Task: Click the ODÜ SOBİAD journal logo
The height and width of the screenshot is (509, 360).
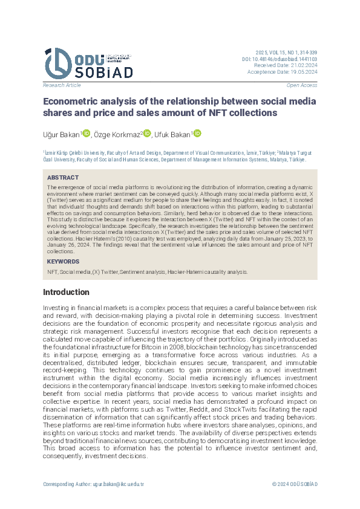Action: coord(87,62)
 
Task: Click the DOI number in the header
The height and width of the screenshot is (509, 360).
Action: coord(287,59)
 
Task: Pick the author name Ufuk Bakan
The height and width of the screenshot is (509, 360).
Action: coord(172,134)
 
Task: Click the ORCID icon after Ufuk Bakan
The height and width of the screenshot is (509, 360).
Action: coord(197,133)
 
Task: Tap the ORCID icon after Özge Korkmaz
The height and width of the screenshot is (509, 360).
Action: coord(147,133)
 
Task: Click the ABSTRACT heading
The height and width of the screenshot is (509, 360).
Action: coord(63,178)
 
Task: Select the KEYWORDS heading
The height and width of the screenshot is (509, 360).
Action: coord(63,262)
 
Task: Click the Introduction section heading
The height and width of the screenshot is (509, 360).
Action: coord(66,293)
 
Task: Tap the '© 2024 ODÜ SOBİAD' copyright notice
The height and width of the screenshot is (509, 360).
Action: coord(295,484)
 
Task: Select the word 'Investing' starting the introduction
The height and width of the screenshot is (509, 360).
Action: coord(56,308)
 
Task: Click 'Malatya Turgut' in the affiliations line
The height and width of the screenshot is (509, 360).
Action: coord(298,154)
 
